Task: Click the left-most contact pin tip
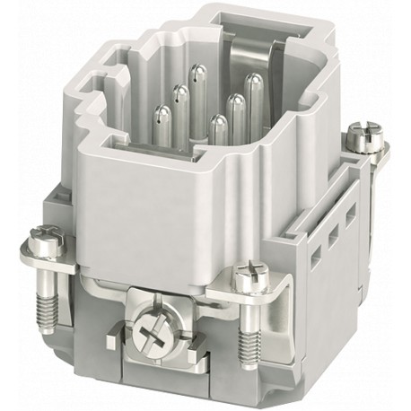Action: click(x=162, y=112)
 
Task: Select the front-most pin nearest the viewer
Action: click(x=218, y=122)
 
